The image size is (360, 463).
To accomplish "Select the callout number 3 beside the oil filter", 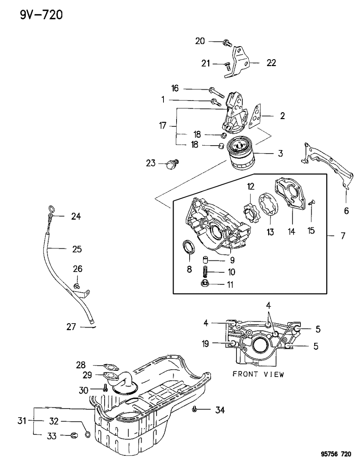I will [280, 153].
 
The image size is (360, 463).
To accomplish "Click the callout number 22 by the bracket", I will [271, 63].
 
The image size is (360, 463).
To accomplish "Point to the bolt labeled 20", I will [227, 43].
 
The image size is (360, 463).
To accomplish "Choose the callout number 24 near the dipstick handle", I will [76, 216].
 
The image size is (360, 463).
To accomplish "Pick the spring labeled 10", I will [206, 272].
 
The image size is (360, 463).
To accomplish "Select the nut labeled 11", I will [205, 284].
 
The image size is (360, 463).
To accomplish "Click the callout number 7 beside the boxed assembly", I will [343, 236].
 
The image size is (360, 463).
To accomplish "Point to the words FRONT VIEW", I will [258, 374].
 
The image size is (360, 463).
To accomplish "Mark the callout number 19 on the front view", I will [206, 343].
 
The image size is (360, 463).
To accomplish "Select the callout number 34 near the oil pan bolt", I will [219, 410].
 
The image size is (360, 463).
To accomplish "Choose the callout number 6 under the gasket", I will [346, 211].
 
